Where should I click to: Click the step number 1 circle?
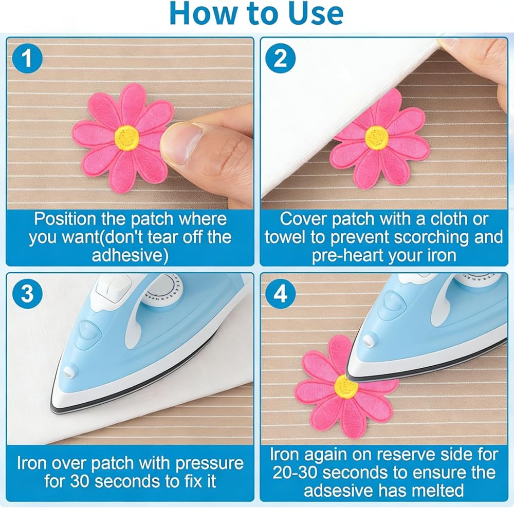click(x=28, y=59)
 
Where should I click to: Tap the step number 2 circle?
click(x=280, y=59)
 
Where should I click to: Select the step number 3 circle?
click(x=28, y=293)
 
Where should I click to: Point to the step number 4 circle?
click(x=280, y=293)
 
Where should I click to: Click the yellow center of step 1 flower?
click(x=127, y=137)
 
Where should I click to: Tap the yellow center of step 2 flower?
click(x=377, y=137)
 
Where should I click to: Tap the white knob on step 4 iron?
click(x=369, y=341)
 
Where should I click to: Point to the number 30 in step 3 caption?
click(x=80, y=481)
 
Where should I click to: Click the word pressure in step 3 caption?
click(x=210, y=464)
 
